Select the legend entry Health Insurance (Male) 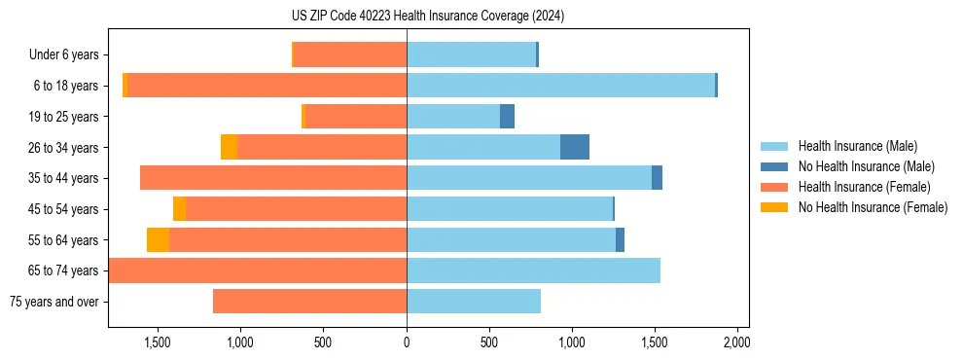[857, 146]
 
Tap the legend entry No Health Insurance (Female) [873, 207]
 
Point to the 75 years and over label [54, 302]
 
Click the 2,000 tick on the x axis [737, 342]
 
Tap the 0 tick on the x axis [407, 342]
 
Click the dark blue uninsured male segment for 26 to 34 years [575, 147]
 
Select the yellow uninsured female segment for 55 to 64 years [158, 239]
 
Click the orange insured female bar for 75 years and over [309, 302]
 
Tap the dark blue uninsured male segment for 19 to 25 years [507, 117]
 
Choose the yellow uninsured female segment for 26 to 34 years [229, 147]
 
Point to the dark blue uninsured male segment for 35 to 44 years [657, 178]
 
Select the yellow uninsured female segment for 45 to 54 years [179, 209]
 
